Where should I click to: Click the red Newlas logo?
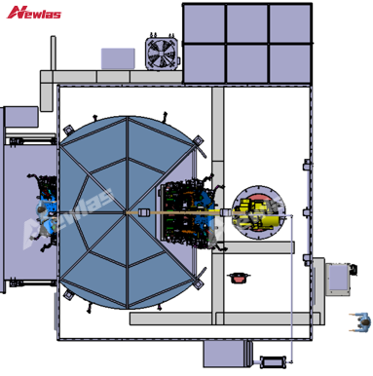[x=33, y=13]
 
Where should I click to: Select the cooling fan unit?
[x=163, y=52]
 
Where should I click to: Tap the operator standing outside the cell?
[x=361, y=321]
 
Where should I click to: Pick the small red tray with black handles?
[x=240, y=278]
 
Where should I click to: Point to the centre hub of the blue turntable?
[x=126, y=212]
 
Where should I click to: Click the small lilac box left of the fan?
[x=118, y=58]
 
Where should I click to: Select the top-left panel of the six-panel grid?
[x=205, y=23]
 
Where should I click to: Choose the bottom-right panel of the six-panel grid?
[x=289, y=63]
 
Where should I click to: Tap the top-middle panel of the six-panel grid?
[x=247, y=23]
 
